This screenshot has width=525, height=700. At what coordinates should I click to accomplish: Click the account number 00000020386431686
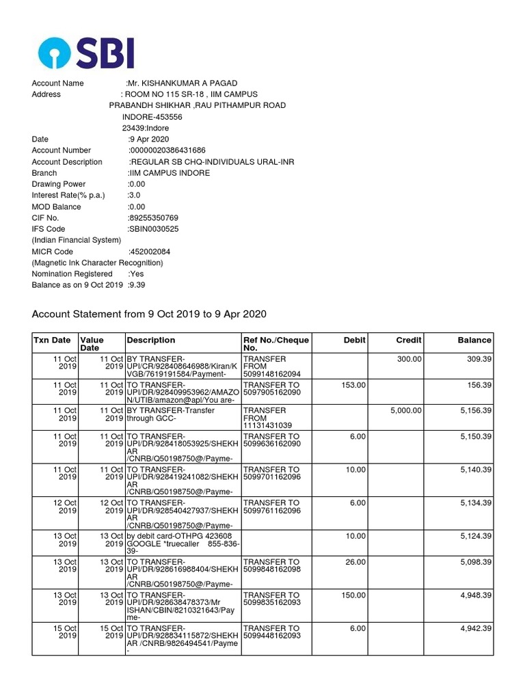click(x=167, y=150)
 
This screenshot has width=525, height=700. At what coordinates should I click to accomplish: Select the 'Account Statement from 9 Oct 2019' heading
click(x=149, y=314)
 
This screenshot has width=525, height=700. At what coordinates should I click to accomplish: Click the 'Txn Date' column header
click(x=52, y=340)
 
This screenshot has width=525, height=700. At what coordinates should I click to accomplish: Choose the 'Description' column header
click(x=150, y=340)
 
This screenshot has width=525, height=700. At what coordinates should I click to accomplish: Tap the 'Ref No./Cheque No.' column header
click(x=276, y=344)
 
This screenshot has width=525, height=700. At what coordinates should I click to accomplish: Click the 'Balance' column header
click(x=474, y=340)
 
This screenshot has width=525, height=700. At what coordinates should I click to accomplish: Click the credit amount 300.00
click(x=409, y=358)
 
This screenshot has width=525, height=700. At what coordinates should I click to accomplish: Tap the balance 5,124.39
click(x=475, y=535)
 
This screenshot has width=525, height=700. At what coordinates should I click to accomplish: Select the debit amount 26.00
click(x=355, y=562)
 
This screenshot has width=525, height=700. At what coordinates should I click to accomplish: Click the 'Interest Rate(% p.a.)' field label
click(x=68, y=196)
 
